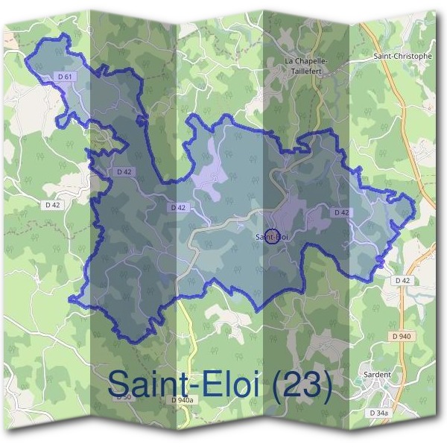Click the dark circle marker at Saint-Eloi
(x=272, y=236)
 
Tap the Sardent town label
(x=379, y=375)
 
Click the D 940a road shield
(x=182, y=400)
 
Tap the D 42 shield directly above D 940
(x=402, y=280)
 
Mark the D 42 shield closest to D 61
(x=124, y=171)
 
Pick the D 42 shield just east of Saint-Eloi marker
(x=341, y=212)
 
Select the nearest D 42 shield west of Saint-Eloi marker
(x=177, y=207)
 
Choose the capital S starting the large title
(x=119, y=384)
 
